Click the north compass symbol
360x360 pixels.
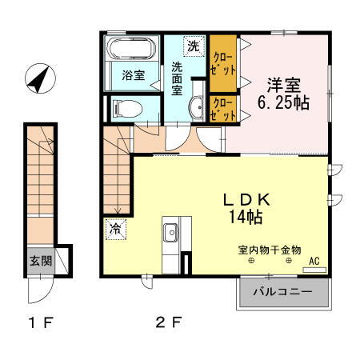pyautogui.click(x=37, y=78)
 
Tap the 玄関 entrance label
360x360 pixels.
pyautogui.click(x=41, y=260)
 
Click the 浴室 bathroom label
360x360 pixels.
pyautogui.click(x=134, y=76)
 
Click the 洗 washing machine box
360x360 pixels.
pyautogui.click(x=193, y=46)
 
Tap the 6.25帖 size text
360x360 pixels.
pyautogui.click(x=282, y=103)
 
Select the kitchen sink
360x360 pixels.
pyautogui.click(x=170, y=233)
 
